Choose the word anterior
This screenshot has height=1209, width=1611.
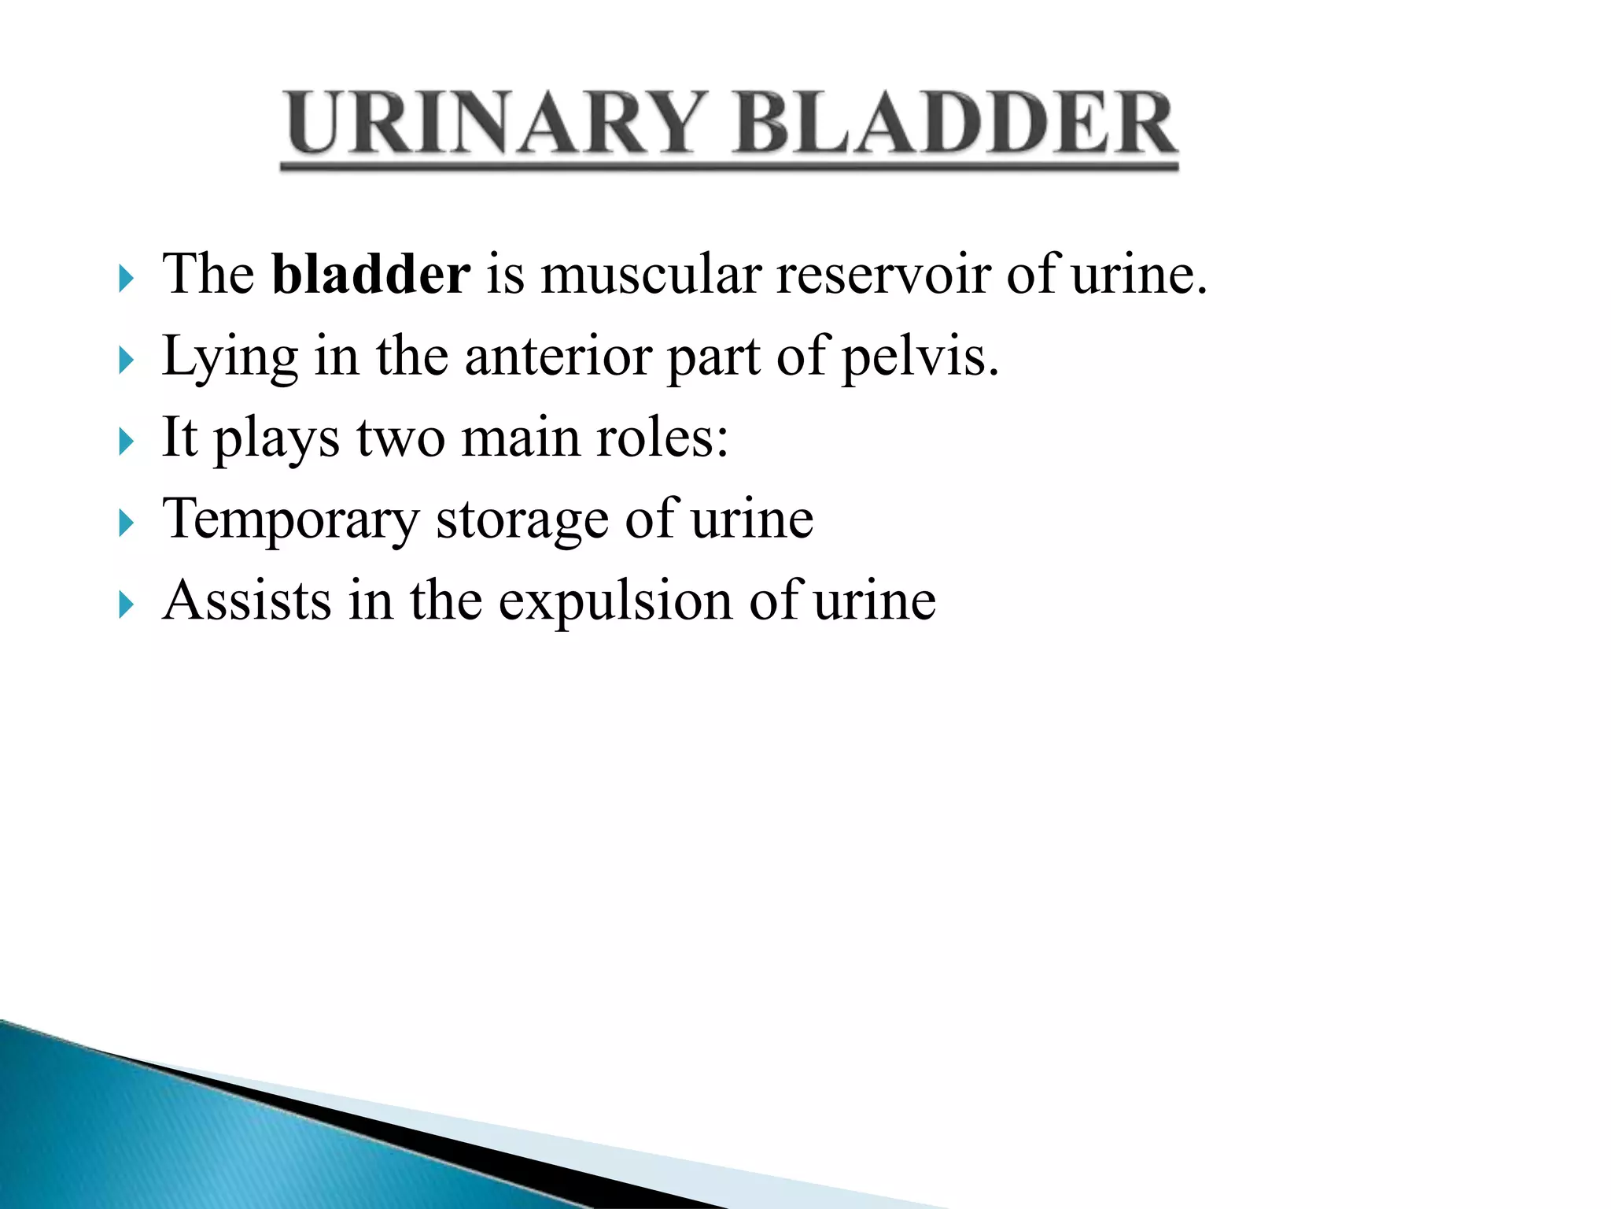(558, 356)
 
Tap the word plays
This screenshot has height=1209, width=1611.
(276, 439)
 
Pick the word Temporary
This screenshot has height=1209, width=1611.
(291, 520)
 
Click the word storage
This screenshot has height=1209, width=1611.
(522, 520)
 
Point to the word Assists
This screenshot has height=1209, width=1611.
(246, 600)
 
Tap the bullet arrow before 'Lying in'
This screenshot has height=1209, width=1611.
(126, 360)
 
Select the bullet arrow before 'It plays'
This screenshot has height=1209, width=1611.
(126, 442)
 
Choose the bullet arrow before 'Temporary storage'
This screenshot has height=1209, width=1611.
(126, 523)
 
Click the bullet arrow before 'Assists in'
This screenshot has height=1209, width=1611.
(126, 604)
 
